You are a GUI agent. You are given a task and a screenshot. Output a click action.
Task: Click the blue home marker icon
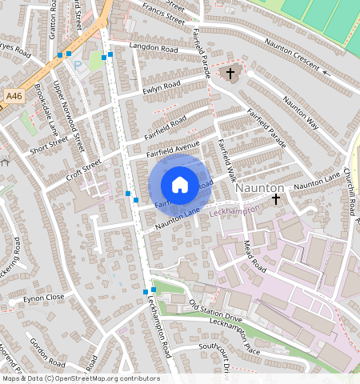point(180,185)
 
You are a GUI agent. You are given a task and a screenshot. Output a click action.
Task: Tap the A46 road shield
point(14,96)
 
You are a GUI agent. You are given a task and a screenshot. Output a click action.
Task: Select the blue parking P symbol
point(78,66)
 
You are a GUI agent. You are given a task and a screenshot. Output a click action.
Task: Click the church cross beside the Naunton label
point(276,198)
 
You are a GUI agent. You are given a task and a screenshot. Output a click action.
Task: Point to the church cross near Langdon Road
point(230,74)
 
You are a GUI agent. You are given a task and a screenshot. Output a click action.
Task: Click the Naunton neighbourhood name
point(260,186)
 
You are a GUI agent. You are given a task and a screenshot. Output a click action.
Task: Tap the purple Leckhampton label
point(236,214)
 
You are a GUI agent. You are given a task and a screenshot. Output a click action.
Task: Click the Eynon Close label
point(43,297)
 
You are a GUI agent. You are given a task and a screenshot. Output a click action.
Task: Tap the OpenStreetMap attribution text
point(80,378)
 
